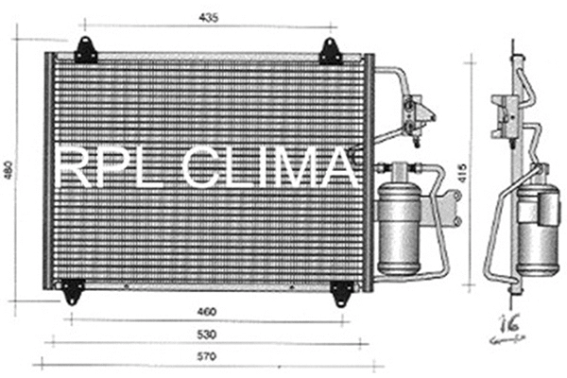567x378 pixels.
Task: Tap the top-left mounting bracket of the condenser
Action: (x=86, y=51)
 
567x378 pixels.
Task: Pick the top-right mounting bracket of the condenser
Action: (x=330, y=52)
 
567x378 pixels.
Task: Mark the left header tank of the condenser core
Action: (x=48, y=170)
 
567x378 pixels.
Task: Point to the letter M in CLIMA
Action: (x=304, y=170)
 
